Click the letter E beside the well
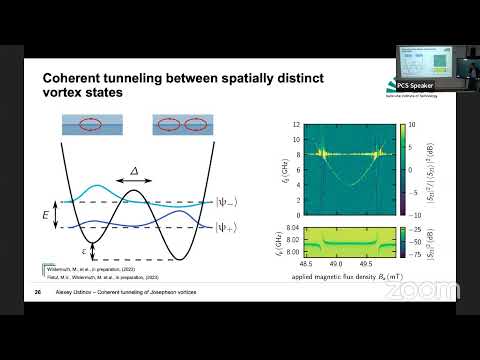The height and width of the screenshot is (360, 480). pos(43,212)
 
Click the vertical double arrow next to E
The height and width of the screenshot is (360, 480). pos(57,212)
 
